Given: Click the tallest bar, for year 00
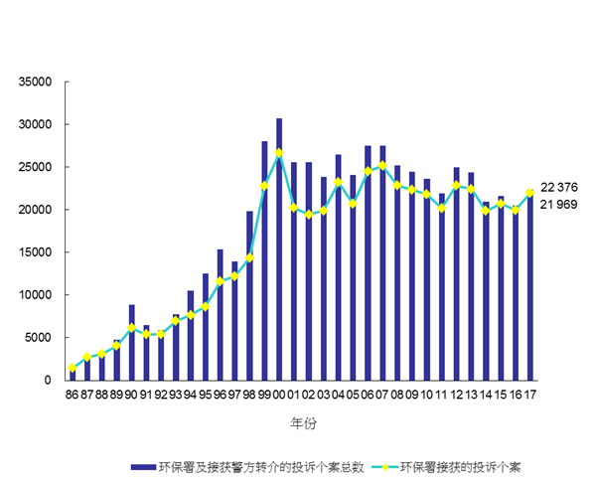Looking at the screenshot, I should click(x=279, y=248).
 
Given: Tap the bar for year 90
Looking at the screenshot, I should click(x=131, y=342).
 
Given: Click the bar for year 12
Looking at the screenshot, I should click(x=456, y=273).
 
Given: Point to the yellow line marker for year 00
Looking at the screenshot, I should click(x=279, y=152).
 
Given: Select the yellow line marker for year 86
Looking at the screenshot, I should click(x=72, y=368).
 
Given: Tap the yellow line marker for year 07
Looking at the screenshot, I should click(x=382, y=165).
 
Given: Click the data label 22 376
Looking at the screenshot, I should click(x=559, y=187).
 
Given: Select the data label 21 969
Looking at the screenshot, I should click(x=559, y=205).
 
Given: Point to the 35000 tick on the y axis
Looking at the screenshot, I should click(x=35, y=81).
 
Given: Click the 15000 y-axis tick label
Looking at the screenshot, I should click(x=35, y=251).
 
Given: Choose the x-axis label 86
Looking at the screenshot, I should click(x=72, y=395).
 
